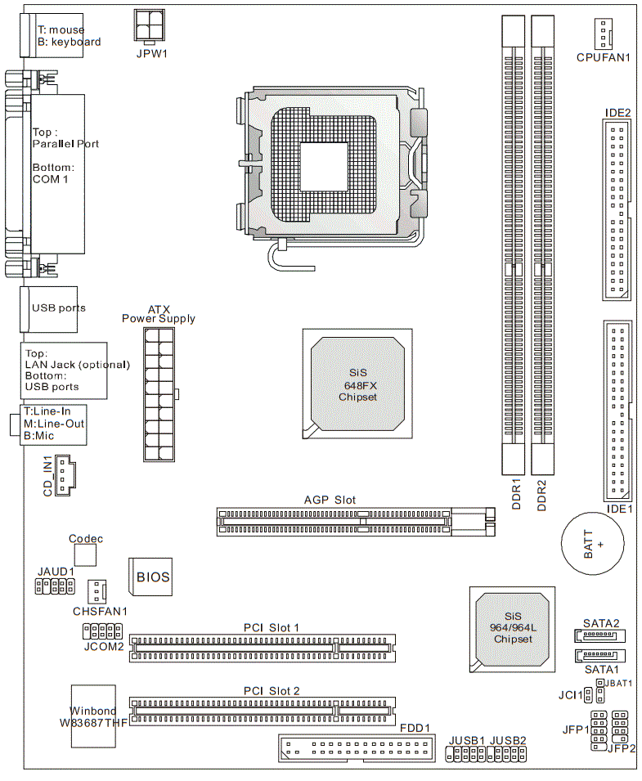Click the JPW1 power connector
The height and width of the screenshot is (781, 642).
coord(150,25)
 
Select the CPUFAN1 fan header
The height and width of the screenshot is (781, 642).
coord(603,34)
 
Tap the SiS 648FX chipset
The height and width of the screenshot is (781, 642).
coord(357,384)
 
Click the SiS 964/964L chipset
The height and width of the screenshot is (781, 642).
coord(513,630)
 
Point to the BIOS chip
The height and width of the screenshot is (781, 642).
coord(150,577)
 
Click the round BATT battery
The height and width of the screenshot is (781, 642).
coord(592,543)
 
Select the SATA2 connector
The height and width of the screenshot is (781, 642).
coord(599,635)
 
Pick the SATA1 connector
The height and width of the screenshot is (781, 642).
coord(599,656)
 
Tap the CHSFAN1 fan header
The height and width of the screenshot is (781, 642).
coord(97,592)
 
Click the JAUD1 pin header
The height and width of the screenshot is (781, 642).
coord(55,586)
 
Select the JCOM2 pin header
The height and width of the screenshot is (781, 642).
coord(102,631)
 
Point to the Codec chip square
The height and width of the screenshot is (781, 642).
coord(85,554)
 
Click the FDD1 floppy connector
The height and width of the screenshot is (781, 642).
coord(357,748)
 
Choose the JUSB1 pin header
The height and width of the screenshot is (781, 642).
coord(465,755)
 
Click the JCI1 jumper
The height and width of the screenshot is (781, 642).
coord(588,694)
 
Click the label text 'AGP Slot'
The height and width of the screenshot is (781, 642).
coord(330,500)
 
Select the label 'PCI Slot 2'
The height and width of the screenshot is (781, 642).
coord(272,691)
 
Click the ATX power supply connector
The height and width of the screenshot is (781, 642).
coord(159,394)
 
